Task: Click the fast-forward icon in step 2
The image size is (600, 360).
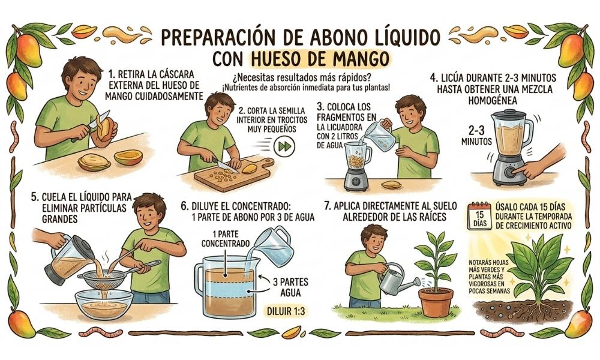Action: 284,146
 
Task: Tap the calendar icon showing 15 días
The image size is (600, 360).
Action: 479,216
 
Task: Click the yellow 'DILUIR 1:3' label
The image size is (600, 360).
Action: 287,311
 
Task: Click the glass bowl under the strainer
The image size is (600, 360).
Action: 104,304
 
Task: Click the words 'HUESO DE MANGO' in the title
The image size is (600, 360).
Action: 319,59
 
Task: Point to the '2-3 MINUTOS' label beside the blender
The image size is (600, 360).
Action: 476,136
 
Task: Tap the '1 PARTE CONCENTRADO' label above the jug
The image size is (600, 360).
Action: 226,239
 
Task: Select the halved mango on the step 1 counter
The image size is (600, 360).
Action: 128,157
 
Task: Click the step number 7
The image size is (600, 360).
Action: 327,206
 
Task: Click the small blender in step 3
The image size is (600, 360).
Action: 356,166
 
